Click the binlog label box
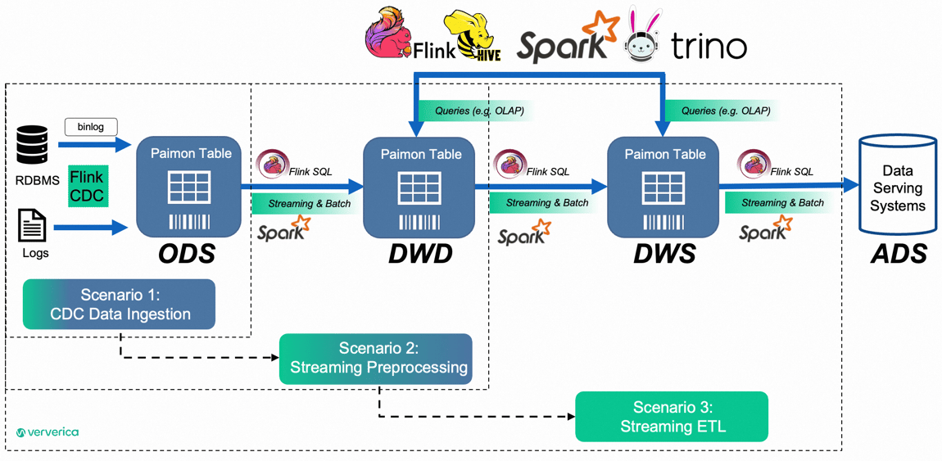[x=91, y=127]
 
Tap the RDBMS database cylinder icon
[x=33, y=145]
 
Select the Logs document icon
[x=33, y=225]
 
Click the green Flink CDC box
[x=87, y=187]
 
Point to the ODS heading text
[x=187, y=254]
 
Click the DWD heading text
[x=420, y=254]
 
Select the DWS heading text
[x=664, y=254]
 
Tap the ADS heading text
[x=899, y=254]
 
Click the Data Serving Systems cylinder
[x=898, y=187]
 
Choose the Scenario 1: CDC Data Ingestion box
[x=119, y=305]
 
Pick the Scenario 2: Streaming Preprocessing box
[x=376, y=359]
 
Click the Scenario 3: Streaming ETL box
[x=672, y=417]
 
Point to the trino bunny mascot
[x=643, y=37]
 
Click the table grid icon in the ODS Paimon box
[x=189, y=188]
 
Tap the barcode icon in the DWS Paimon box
[x=663, y=222]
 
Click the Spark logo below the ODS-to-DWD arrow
[x=284, y=229]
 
